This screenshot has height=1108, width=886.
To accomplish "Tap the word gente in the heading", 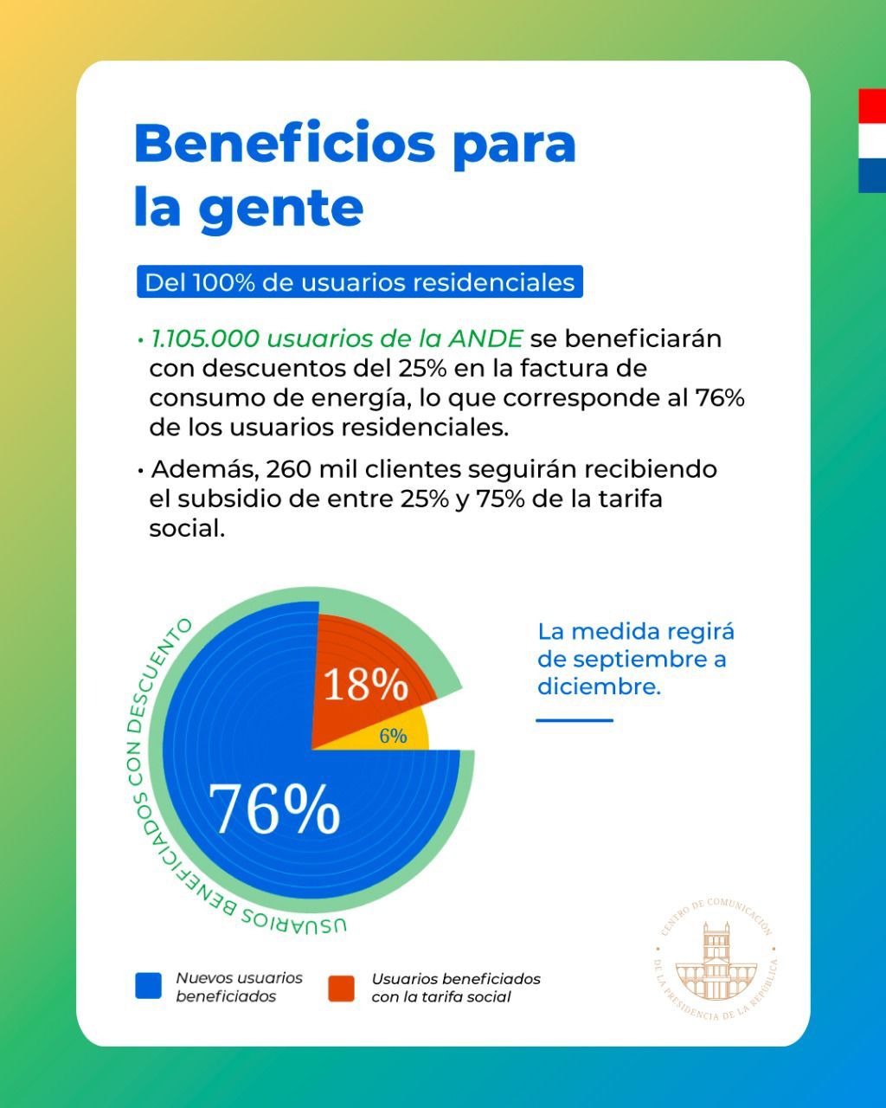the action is pos(281,210).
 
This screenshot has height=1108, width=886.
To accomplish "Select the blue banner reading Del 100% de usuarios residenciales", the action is pos(359,281).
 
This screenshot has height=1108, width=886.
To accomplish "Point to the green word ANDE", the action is pos(485,338).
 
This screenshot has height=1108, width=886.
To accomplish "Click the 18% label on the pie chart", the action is pos(365,685).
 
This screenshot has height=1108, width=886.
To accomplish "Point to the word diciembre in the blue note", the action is pos(600,686).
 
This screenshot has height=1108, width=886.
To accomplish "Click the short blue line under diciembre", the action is pos(575,720).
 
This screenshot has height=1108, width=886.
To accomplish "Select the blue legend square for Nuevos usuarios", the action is pos(148,984).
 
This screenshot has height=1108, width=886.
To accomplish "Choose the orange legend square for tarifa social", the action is pos(341,988).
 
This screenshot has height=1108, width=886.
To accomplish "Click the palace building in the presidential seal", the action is pos(716,963).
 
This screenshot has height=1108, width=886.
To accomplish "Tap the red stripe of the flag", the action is pos(872,106).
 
